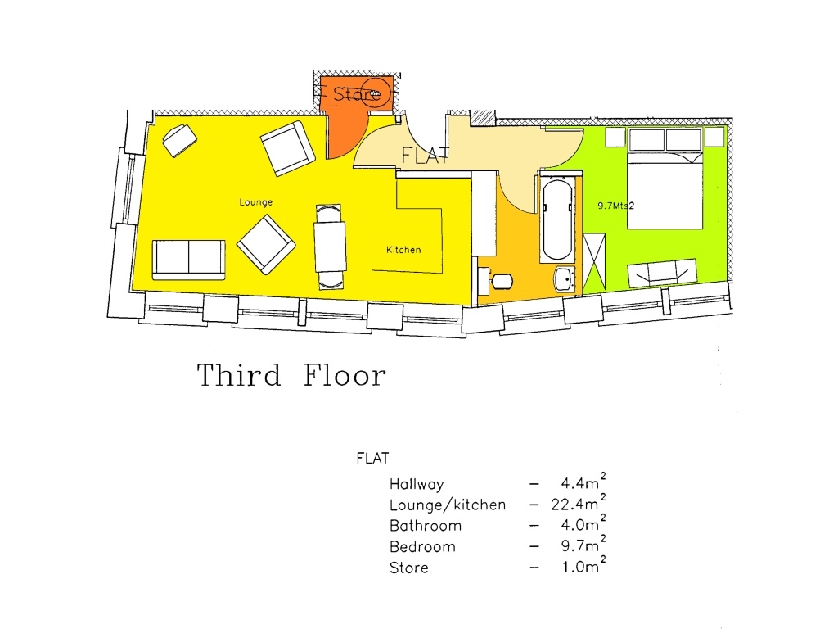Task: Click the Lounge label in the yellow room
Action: (x=256, y=201)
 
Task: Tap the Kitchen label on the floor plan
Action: (x=403, y=249)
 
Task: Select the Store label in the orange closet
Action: (x=357, y=94)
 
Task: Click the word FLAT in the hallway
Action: (x=425, y=155)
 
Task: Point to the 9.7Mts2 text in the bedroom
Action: (x=616, y=206)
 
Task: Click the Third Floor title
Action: (x=291, y=376)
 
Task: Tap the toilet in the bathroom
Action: (x=498, y=281)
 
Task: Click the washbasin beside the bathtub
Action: (x=565, y=278)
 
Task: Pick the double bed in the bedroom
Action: (x=665, y=188)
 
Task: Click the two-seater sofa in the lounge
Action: (x=188, y=260)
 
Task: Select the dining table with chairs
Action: (x=331, y=247)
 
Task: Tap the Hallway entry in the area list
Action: (x=417, y=484)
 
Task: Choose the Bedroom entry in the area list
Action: (x=422, y=546)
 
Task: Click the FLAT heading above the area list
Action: (x=372, y=459)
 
